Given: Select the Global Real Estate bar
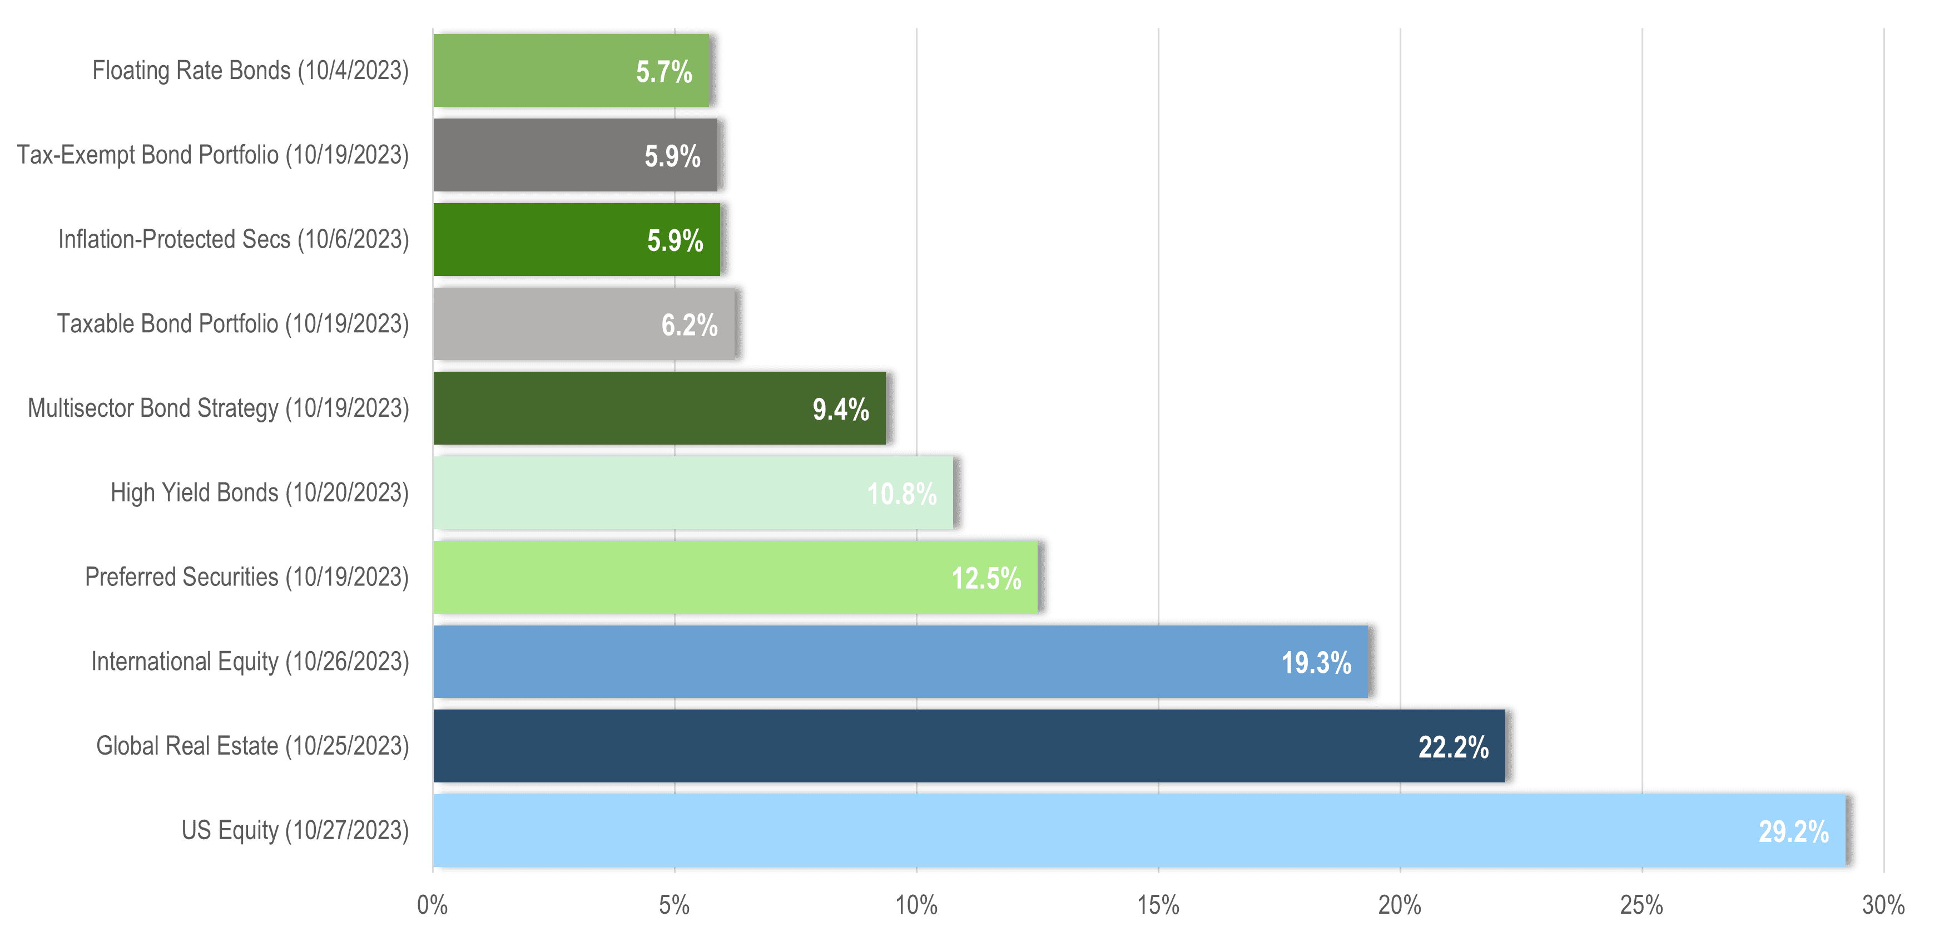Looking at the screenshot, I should (969, 746).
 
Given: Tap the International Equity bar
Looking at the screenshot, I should (900, 662).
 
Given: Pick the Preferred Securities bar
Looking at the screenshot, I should (735, 577).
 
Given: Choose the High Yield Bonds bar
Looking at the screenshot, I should (693, 493).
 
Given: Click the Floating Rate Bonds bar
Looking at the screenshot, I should (571, 71).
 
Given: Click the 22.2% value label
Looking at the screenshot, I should (1453, 747).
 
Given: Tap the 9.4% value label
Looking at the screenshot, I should (840, 410).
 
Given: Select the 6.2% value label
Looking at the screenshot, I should (688, 326).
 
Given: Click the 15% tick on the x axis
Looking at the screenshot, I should (1158, 905).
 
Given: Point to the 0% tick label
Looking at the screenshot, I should (433, 905).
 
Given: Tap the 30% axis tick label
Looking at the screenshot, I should (1883, 905).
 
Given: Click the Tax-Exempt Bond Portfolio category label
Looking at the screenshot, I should (213, 155).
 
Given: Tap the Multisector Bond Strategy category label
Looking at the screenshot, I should (219, 408).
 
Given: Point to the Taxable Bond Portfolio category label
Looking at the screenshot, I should (233, 324).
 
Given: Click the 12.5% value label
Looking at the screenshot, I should (986, 578).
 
